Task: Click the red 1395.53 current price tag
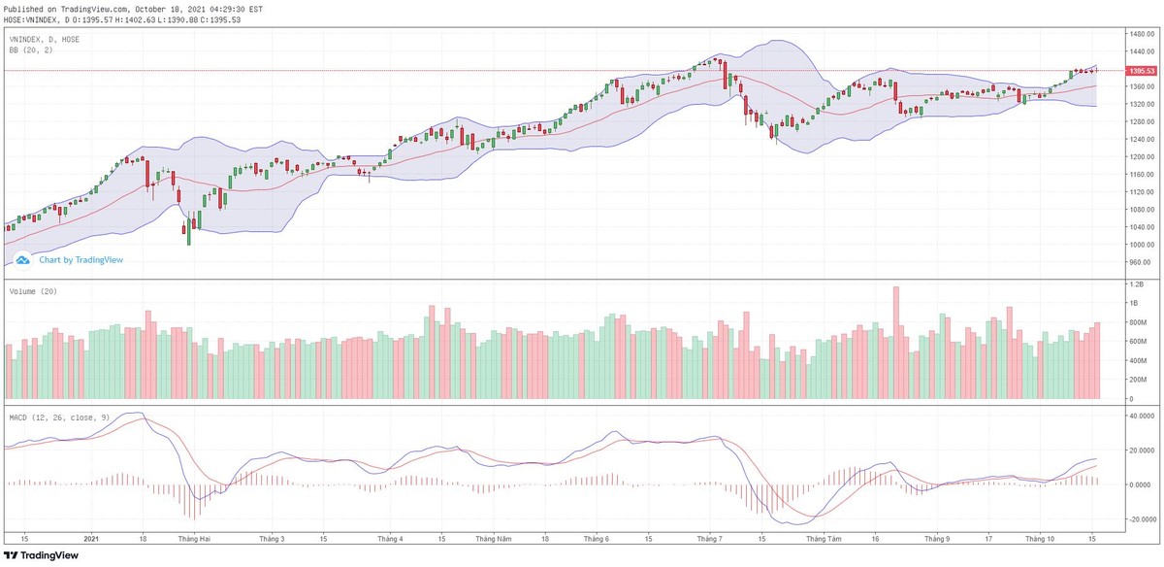click(1141, 71)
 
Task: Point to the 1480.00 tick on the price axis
click(1140, 34)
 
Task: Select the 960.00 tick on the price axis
click(1140, 262)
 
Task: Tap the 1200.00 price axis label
click(1140, 156)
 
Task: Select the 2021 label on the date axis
click(90, 538)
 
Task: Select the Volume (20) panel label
click(31, 291)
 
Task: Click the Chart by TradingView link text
click(81, 260)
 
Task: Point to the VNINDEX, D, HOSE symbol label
click(44, 39)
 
